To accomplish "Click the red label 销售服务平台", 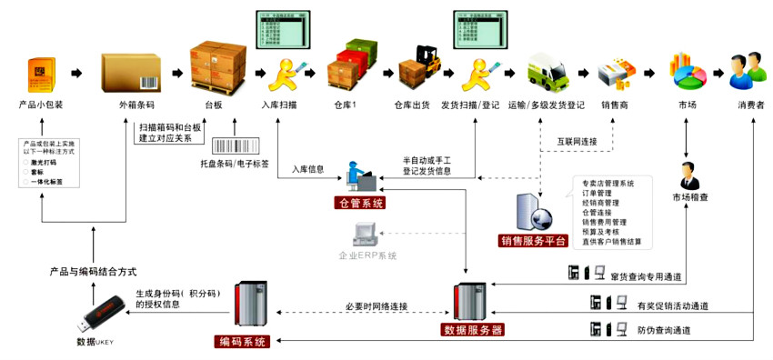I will pos(534,241).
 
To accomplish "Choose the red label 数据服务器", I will pos(472,329).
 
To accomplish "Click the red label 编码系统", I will pos(243,342).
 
